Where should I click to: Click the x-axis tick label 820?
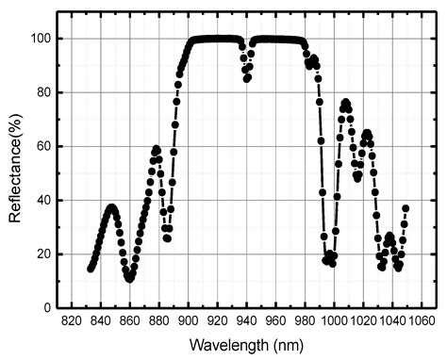point(71,320)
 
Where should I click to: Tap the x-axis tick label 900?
point(189,320)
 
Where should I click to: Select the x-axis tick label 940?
point(247,320)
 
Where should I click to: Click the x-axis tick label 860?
point(129,320)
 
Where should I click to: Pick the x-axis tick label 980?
point(306,320)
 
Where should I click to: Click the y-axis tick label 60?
point(46,146)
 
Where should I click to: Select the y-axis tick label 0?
point(50,307)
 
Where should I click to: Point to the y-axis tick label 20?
point(46,254)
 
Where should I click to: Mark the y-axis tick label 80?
point(46,92)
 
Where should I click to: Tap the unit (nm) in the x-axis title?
point(289,345)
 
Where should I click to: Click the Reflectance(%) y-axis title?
point(16,172)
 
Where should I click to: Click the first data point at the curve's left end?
point(91,269)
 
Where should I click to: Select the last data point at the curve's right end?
point(406,208)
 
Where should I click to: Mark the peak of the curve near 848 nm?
point(112,207)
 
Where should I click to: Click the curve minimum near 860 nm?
point(129,279)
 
